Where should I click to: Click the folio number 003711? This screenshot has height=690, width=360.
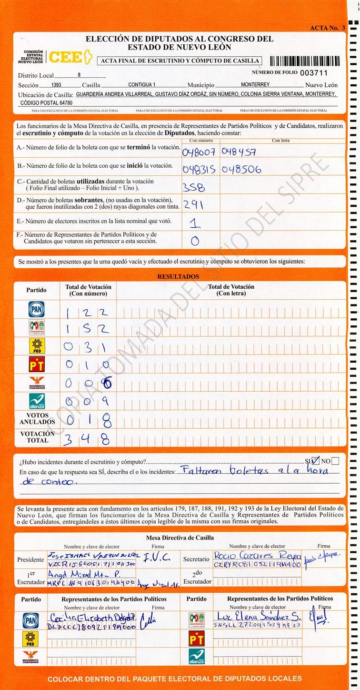[x=314, y=73]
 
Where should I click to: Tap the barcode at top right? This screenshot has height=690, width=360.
[x=305, y=61]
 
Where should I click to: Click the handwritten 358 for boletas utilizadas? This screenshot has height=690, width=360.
[x=194, y=186]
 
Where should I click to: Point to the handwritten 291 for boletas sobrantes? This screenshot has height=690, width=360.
[x=193, y=205]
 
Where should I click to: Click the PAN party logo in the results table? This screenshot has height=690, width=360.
[x=37, y=309]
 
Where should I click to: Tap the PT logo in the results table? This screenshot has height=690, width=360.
[x=37, y=365]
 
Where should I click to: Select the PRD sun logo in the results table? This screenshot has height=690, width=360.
[x=37, y=346]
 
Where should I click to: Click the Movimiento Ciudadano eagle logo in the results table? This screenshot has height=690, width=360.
[x=37, y=383]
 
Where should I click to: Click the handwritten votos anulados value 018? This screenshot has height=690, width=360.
[x=89, y=421]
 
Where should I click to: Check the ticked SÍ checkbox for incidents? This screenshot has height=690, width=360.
[x=315, y=460]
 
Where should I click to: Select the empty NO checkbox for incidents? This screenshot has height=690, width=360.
[x=335, y=461]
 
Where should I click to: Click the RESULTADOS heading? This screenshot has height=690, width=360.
[x=178, y=277]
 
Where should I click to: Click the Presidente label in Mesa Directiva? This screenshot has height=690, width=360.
[x=30, y=559]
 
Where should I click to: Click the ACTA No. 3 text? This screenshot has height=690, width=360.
[x=328, y=28]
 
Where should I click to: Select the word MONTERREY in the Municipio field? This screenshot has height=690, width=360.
[x=255, y=85]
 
